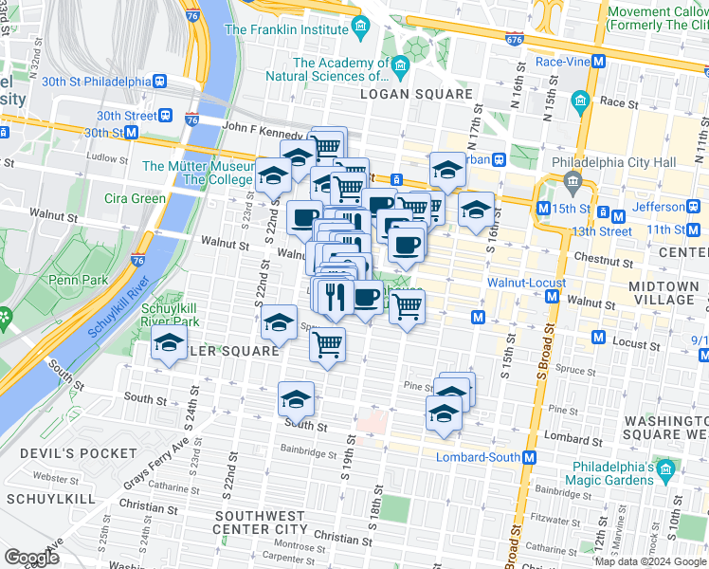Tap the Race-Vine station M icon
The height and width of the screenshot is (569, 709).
tap(598, 63)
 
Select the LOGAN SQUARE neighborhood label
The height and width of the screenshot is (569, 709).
tap(424, 94)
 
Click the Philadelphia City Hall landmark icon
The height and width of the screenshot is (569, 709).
tap(572, 180)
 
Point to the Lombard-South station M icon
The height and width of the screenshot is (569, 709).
tap(530, 457)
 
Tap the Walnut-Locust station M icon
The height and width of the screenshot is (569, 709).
tap(553, 298)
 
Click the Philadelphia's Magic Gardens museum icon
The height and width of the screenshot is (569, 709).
tap(665, 468)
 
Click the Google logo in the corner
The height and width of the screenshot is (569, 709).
tap(31, 557)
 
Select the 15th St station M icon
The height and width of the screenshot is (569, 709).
tap(543, 209)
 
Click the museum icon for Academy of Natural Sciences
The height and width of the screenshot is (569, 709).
tap(400, 65)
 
